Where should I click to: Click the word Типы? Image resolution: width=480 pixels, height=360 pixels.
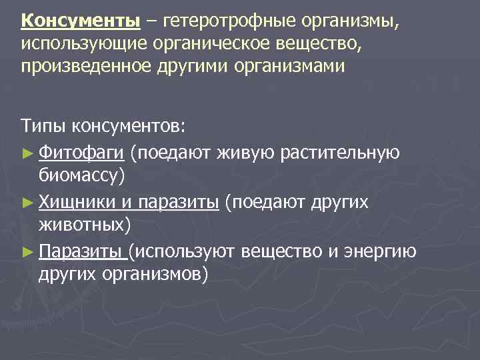click(41, 126)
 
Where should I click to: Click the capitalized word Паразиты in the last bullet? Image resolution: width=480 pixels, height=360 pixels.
click(81, 251)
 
